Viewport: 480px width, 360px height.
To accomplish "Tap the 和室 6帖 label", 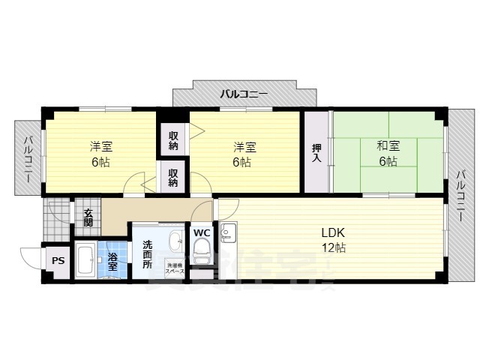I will (388, 154).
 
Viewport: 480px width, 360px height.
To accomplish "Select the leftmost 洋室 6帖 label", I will (100, 154).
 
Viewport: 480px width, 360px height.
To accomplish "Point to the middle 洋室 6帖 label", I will (241, 154).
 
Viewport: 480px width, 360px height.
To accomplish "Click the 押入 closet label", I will (316, 152).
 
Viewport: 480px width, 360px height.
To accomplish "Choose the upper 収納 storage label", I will (173, 140).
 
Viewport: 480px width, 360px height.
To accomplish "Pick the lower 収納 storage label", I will (173, 178).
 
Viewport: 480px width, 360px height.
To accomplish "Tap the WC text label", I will (201, 232).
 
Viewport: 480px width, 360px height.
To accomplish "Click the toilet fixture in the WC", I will (201, 253).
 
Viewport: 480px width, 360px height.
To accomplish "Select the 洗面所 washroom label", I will (147, 255).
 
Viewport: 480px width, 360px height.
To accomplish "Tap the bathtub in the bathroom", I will (85, 261).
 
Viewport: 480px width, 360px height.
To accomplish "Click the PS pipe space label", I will (58, 262).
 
